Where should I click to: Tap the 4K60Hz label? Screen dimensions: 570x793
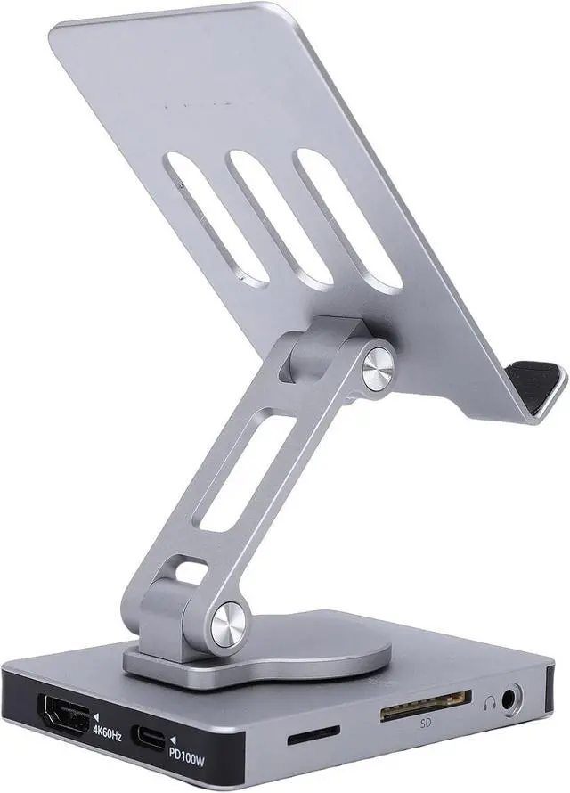[x=107, y=733]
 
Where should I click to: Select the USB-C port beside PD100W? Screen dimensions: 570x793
[x=149, y=738]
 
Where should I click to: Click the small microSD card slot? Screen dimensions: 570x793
[x=313, y=735]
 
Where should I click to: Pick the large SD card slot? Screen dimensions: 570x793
[x=426, y=705]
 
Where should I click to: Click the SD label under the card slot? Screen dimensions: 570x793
[x=426, y=724]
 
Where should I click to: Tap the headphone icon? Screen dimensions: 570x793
[x=489, y=703]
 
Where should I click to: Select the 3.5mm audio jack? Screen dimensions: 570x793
[x=510, y=699]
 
